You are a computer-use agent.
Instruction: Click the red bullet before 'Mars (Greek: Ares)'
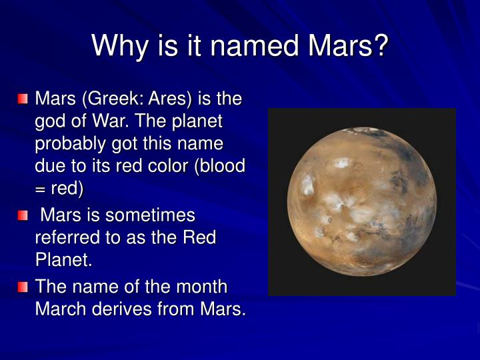click(24, 99)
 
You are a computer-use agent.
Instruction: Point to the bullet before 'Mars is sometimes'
click(24, 215)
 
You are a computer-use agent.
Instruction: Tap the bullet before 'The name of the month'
click(24, 287)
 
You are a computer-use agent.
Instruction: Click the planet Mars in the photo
click(361, 202)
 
